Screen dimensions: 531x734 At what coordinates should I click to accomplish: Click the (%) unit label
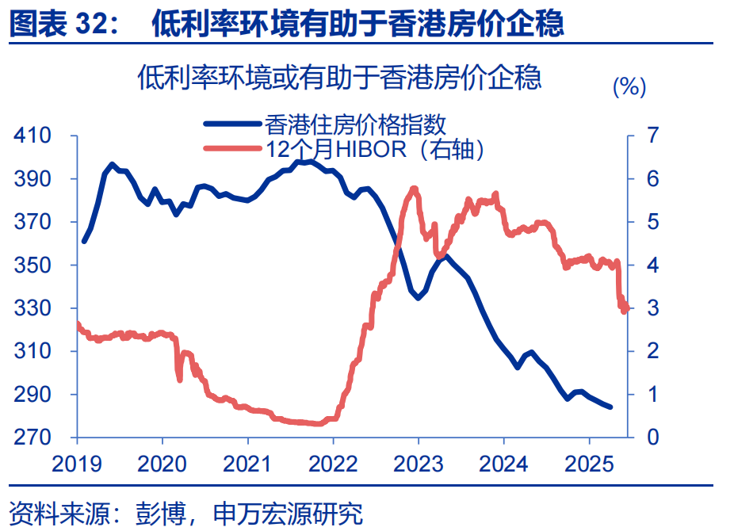point(630,87)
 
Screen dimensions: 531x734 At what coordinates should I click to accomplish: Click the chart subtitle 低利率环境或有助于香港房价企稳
point(339,78)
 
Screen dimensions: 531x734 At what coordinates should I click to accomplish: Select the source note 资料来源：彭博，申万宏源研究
point(185,514)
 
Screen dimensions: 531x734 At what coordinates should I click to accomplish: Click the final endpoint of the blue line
point(610,407)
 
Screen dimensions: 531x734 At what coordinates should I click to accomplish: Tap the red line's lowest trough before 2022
point(317,423)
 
